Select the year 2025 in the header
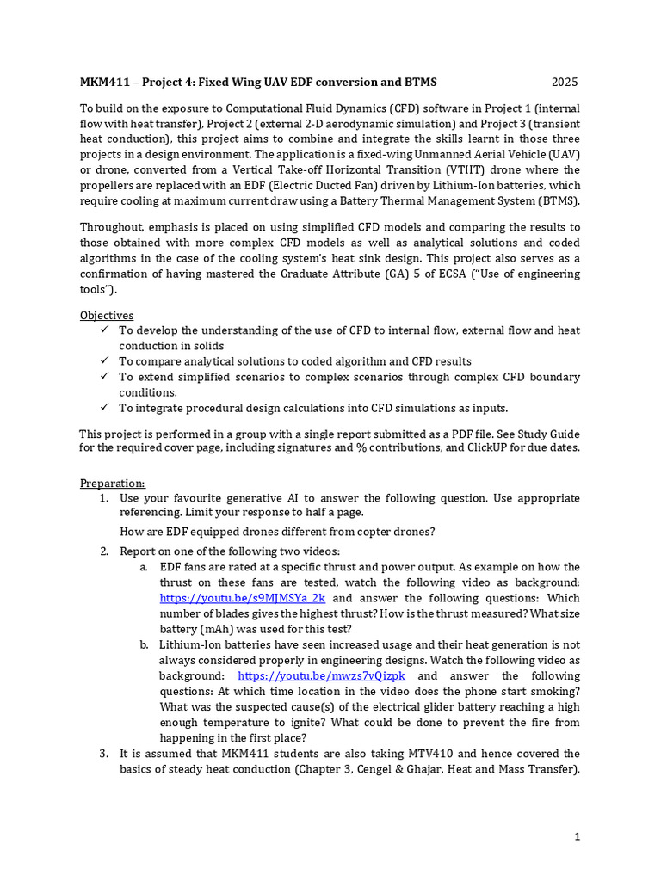tap(565, 83)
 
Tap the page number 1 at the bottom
tap(578, 835)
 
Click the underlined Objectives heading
tap(107, 316)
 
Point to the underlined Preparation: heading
tap(113, 483)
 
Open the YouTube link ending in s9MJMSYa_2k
tap(243, 597)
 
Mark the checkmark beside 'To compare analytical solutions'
tap(104, 361)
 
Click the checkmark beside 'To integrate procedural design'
tap(104, 408)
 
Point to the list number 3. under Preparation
tap(103, 754)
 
